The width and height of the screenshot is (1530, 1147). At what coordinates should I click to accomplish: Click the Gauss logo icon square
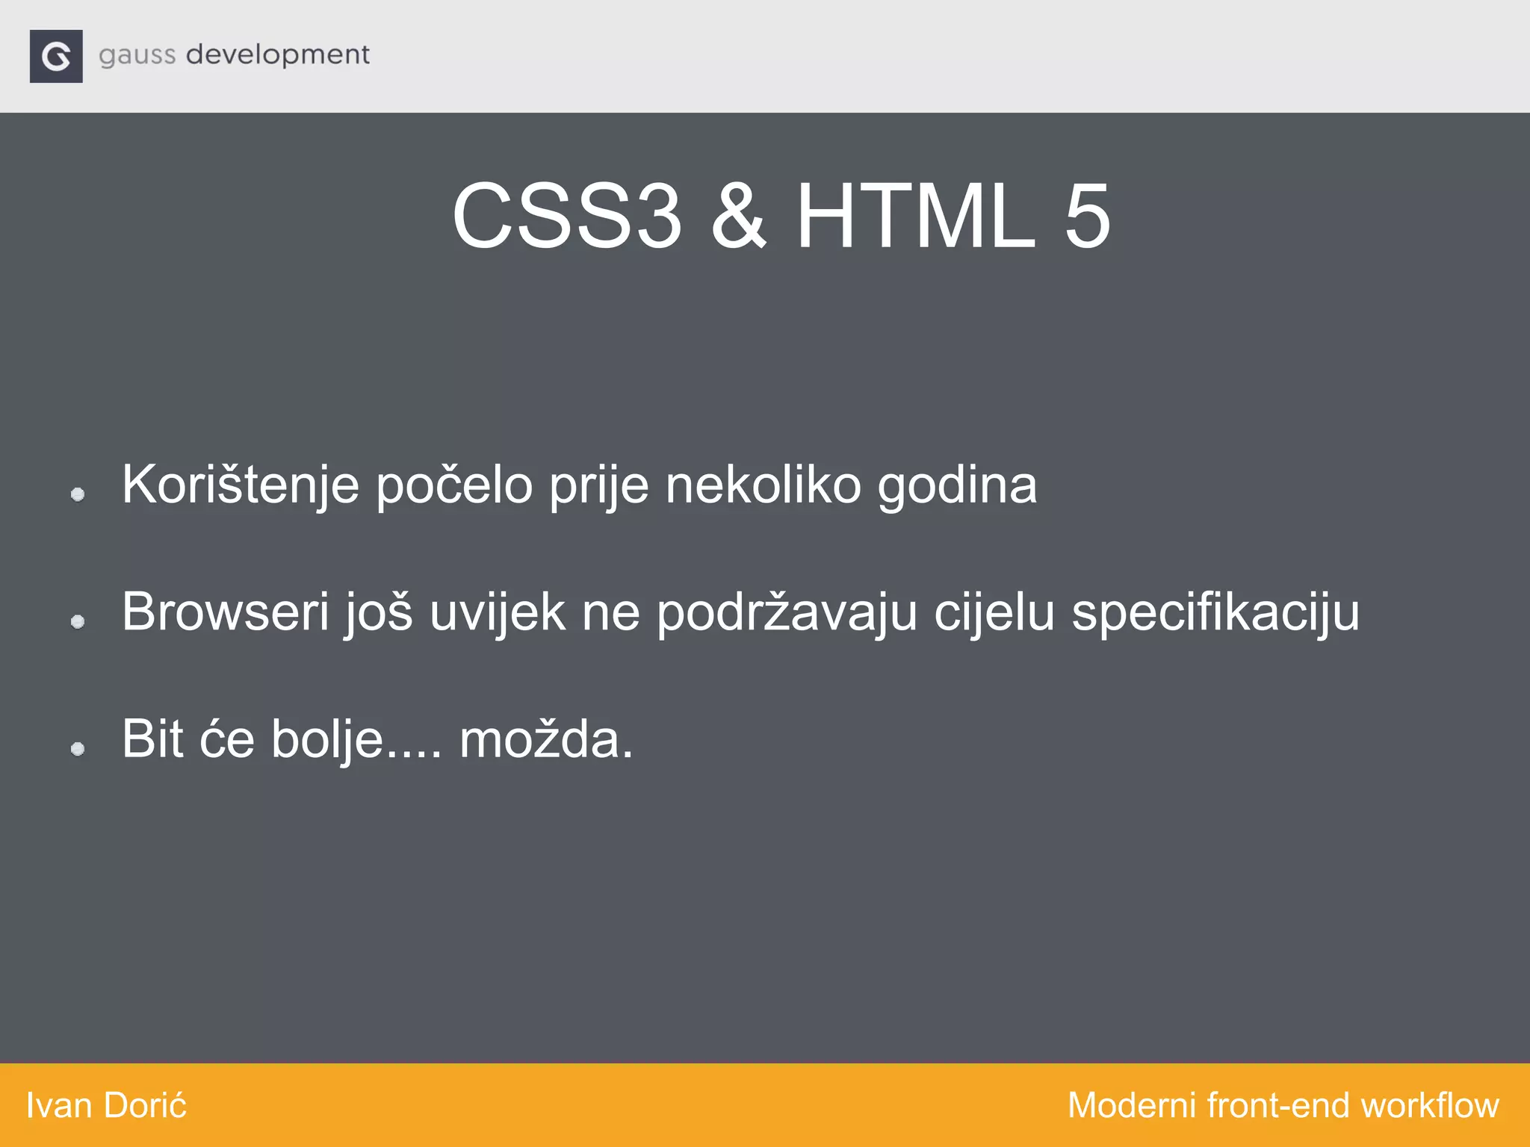(x=56, y=56)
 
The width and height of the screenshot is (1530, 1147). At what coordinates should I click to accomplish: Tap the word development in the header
(x=277, y=55)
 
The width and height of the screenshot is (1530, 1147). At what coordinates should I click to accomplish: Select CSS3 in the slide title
(x=566, y=217)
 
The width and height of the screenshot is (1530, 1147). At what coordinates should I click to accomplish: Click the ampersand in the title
(x=738, y=217)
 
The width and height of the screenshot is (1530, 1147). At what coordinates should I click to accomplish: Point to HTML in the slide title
(x=916, y=217)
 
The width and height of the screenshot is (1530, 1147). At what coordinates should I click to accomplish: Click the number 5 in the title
(x=1087, y=217)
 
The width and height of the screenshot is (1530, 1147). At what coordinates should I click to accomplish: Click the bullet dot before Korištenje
(x=78, y=494)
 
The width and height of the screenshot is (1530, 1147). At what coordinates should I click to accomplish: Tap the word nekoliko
(x=763, y=486)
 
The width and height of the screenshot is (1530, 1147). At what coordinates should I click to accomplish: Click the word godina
(x=957, y=486)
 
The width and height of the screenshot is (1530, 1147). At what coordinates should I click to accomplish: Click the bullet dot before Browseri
(x=78, y=621)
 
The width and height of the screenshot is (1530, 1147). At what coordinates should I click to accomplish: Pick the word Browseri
(x=225, y=612)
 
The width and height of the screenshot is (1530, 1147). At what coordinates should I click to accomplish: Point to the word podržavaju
(x=787, y=612)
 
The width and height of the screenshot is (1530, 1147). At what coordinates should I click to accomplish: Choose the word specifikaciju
(x=1215, y=612)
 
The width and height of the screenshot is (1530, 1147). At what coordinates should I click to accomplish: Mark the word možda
(x=545, y=739)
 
